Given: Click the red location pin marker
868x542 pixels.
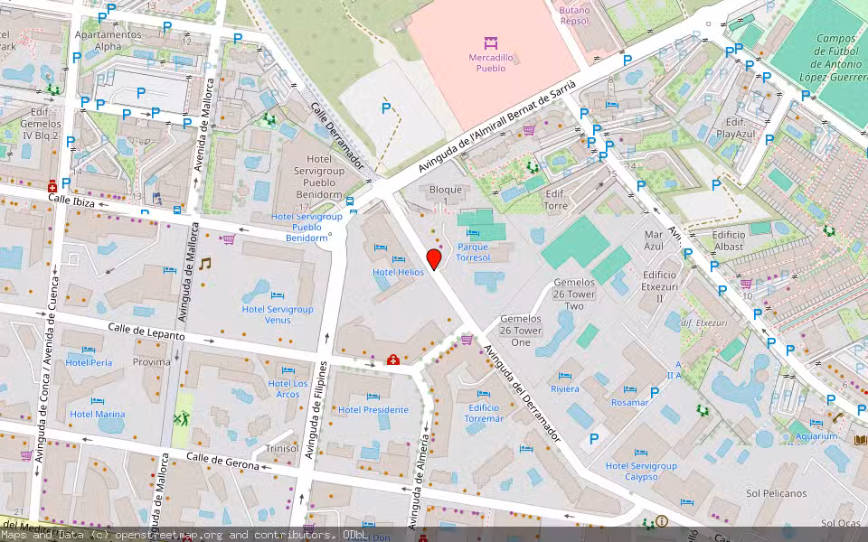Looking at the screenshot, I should click(434, 260).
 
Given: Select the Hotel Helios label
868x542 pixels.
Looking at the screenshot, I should click(398, 272).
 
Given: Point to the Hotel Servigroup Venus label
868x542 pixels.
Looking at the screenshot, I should click(278, 314).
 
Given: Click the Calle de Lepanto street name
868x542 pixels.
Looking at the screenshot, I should click(146, 331).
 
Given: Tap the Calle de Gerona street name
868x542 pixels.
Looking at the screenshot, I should click(222, 462).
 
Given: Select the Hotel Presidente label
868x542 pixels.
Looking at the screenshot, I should click(373, 409).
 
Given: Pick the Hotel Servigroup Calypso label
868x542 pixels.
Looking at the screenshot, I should click(641, 472).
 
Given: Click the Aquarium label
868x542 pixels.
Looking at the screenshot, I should click(816, 436).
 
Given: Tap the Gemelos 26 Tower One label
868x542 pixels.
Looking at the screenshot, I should click(521, 331).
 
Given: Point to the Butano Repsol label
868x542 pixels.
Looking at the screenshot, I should click(574, 15).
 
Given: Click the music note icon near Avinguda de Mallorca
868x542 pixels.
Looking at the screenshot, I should click(205, 263).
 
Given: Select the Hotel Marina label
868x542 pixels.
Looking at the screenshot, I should click(98, 415).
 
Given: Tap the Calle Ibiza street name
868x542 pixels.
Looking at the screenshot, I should click(71, 198).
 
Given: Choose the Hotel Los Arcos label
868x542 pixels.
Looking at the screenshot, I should click(288, 388).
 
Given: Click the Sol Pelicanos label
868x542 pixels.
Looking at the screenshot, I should click(776, 493).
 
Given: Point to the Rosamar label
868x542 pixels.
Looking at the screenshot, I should click(629, 403).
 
